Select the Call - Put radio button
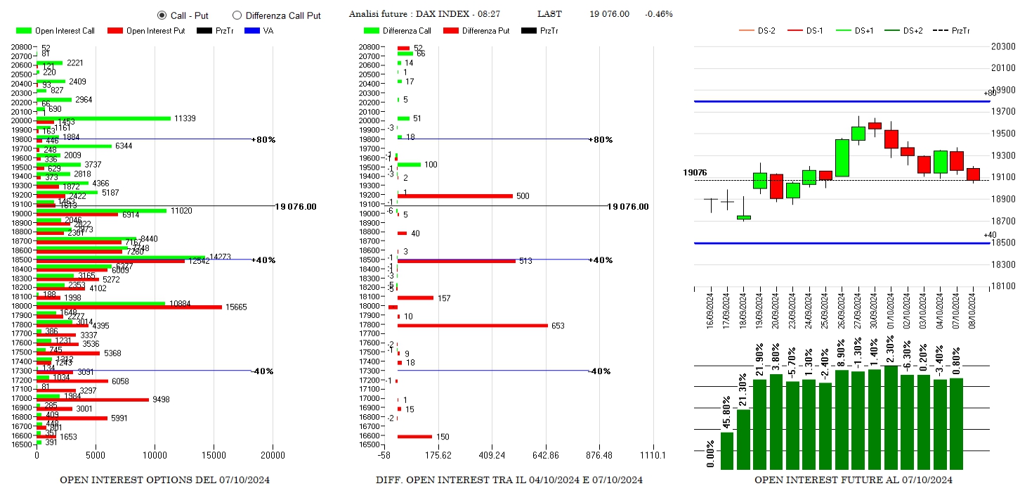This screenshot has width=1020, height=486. tap(162, 15)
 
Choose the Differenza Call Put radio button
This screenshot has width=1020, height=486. tap(237, 15)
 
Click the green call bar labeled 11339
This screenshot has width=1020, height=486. tap(103, 118)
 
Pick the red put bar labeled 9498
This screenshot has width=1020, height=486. tap(92, 399)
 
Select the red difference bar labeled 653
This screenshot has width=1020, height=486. tap(472, 325)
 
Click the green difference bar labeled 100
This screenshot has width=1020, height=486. tap(409, 165)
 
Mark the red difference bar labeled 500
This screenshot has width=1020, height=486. tap(455, 196)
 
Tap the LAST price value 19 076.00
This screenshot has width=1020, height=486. tap(609, 14)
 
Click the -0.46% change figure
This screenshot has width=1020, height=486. tap(658, 14)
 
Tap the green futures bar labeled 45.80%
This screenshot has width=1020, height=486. tap(727, 450)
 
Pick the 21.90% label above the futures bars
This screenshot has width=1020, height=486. tap(759, 362)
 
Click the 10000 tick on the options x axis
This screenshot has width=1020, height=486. tap(155, 455)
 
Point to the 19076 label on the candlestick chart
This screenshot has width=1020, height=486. tap(695, 172)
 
